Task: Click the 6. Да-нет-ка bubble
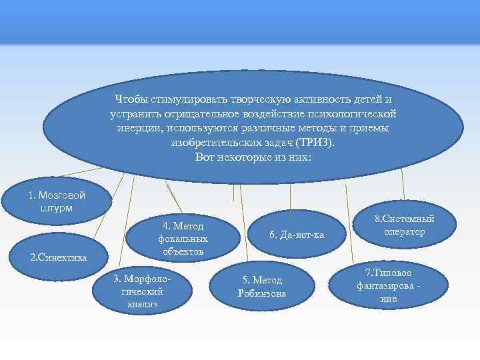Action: (296, 234)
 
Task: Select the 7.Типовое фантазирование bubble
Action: (387, 286)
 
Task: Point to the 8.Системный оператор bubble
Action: (404, 225)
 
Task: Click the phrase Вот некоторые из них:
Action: (253, 157)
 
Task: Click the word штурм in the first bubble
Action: (56, 207)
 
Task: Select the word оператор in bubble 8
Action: (404, 231)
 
